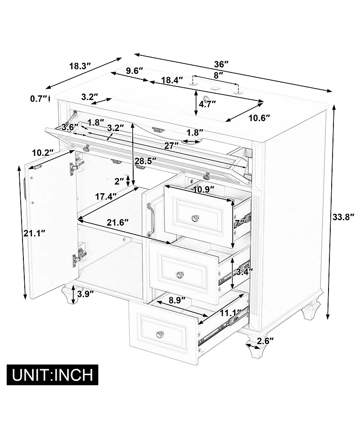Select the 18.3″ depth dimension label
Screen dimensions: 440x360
tap(81, 66)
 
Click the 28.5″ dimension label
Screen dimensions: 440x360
tap(145, 161)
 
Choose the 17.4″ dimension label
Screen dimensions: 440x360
tap(105, 197)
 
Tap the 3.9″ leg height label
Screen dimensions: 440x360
tap(85, 294)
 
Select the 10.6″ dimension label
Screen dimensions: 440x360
tap(259, 118)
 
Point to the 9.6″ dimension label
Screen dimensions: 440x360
tap(135, 70)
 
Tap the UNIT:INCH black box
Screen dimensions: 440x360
tap(53, 374)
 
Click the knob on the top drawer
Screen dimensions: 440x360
tap(195, 218)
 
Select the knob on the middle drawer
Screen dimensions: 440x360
tap(180, 275)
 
